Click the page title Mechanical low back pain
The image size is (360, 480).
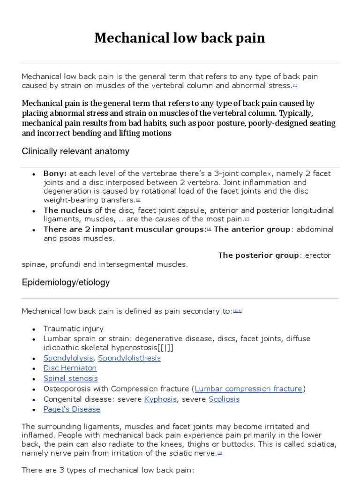180,38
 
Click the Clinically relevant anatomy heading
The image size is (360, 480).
75,152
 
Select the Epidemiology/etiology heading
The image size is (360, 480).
66,282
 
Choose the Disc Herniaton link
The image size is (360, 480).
70,368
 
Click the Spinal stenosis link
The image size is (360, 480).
71,379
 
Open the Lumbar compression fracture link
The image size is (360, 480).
248,389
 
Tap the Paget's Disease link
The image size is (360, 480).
72,409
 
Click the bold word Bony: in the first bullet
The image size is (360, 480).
55,173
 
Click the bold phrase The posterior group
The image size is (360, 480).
258,255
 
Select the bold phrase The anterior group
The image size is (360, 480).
253,229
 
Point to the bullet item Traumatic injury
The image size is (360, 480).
74,329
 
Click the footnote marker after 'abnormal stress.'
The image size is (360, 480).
295,86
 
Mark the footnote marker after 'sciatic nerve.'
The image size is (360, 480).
220,453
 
